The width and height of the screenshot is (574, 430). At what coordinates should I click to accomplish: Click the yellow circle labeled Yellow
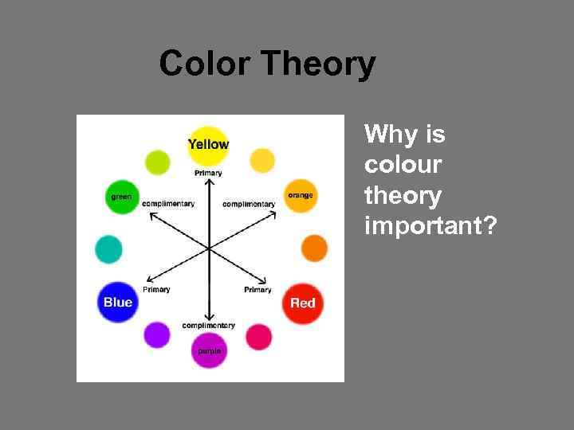tap(208, 144)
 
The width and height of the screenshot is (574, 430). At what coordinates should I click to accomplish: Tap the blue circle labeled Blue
tap(118, 303)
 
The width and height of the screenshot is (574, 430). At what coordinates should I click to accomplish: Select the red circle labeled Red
tap(302, 303)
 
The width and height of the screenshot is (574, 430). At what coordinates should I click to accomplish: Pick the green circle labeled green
tap(122, 197)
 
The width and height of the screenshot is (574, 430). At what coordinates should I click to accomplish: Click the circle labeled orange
tap(301, 195)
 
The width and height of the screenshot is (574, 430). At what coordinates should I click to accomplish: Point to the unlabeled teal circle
tap(108, 249)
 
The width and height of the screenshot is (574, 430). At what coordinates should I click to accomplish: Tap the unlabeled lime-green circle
tap(158, 162)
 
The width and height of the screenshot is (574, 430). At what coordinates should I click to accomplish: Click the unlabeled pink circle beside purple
tap(258, 336)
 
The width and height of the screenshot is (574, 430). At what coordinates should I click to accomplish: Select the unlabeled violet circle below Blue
tap(157, 334)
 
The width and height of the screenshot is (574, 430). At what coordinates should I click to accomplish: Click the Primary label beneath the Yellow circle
tap(208, 173)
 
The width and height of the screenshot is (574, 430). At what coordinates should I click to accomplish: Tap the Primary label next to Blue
tap(156, 289)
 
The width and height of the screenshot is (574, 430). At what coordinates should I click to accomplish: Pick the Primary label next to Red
tap(258, 290)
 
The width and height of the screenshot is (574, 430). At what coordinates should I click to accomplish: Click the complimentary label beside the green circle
tap(168, 204)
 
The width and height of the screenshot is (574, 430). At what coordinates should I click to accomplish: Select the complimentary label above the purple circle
tap(209, 325)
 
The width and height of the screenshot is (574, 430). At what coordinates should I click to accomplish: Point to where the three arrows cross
tap(209, 248)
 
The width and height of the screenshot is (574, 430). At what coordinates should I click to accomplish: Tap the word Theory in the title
tap(317, 64)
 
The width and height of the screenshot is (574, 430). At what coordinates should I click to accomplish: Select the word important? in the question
tap(431, 227)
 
